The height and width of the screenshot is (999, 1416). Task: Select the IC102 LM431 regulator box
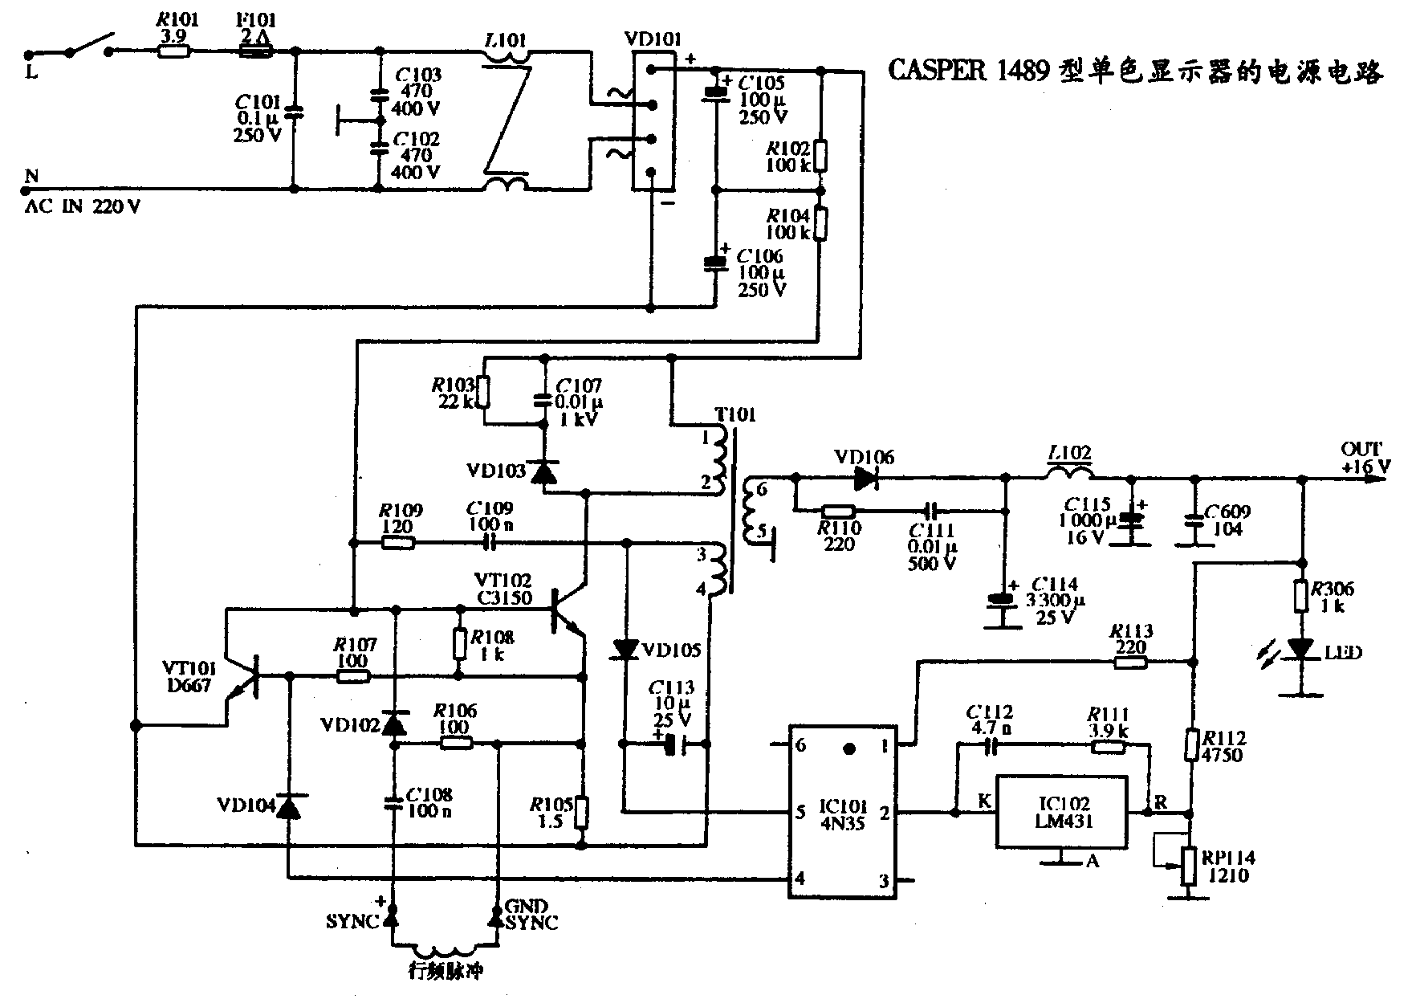pyautogui.click(x=1060, y=812)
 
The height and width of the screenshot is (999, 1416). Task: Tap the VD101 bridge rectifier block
pyautogui.click(x=653, y=121)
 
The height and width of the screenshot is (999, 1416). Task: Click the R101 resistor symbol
pyautogui.click(x=173, y=51)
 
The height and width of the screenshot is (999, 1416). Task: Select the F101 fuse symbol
pyautogui.click(x=257, y=51)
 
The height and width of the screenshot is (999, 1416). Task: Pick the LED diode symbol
pyautogui.click(x=1300, y=647)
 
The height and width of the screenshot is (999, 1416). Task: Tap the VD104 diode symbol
pyautogui.click(x=288, y=806)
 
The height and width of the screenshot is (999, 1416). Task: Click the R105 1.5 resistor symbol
pyautogui.click(x=583, y=812)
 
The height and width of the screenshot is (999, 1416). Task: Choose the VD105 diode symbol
pyautogui.click(x=625, y=648)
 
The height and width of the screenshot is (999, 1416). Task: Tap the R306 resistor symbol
pyautogui.click(x=1300, y=596)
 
